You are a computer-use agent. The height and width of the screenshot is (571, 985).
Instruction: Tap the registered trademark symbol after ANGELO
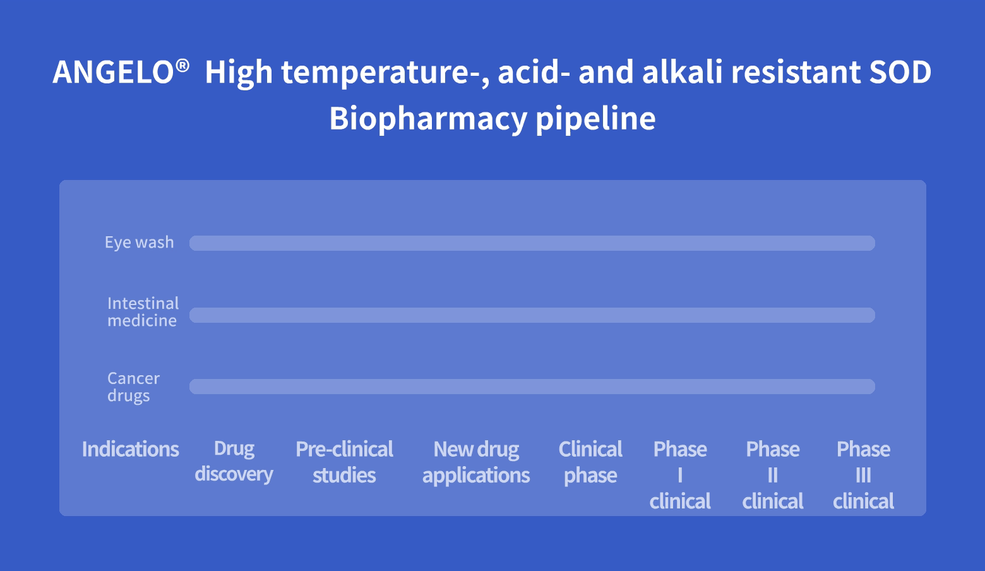[x=182, y=66]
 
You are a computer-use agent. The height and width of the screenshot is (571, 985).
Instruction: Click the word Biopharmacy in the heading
[x=428, y=119]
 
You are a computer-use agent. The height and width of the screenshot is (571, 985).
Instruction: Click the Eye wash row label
[x=140, y=243]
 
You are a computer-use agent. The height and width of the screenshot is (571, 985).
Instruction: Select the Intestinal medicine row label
[x=143, y=312]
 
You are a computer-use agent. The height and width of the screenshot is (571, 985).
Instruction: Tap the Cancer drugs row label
[x=134, y=387]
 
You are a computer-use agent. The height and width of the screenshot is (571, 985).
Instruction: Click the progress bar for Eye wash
[x=532, y=243]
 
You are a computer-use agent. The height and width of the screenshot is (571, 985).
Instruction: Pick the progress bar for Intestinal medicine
[x=532, y=315]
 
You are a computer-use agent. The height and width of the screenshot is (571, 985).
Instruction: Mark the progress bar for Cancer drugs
[x=532, y=387]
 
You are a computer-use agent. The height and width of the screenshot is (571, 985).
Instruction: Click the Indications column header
[x=131, y=449]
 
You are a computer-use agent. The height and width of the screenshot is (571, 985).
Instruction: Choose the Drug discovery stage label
[x=234, y=462]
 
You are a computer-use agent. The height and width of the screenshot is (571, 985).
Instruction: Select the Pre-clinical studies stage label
[x=344, y=462]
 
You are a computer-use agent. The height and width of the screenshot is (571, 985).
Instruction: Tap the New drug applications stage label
[x=476, y=462]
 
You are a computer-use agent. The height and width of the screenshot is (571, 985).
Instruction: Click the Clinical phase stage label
[x=590, y=462]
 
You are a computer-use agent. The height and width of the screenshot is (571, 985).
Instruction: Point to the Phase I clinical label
[x=680, y=475]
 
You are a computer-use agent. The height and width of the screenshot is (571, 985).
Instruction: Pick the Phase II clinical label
[x=773, y=475]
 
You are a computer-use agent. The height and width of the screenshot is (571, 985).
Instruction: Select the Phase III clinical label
[x=864, y=475]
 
